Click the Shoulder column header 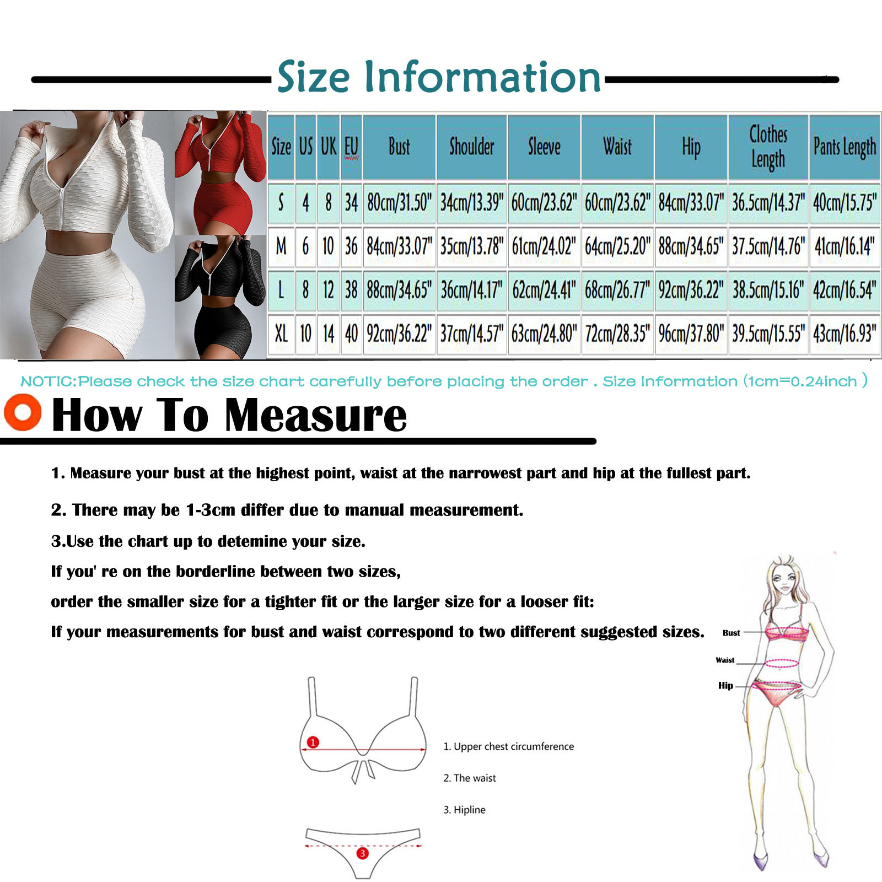click(471, 147)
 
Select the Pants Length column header click(845, 147)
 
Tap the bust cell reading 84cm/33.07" click(399, 246)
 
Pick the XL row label click(281, 334)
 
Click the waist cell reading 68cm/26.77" click(617, 290)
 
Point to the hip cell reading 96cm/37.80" click(691, 334)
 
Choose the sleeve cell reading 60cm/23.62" click(544, 203)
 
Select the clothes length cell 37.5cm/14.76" click(768, 246)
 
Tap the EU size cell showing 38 click(351, 290)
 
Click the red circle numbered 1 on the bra click(313, 742)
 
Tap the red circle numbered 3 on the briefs click(362, 853)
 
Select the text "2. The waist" click(470, 778)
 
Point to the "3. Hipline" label click(465, 810)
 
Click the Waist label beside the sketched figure click(725, 660)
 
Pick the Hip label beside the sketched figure click(725, 686)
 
